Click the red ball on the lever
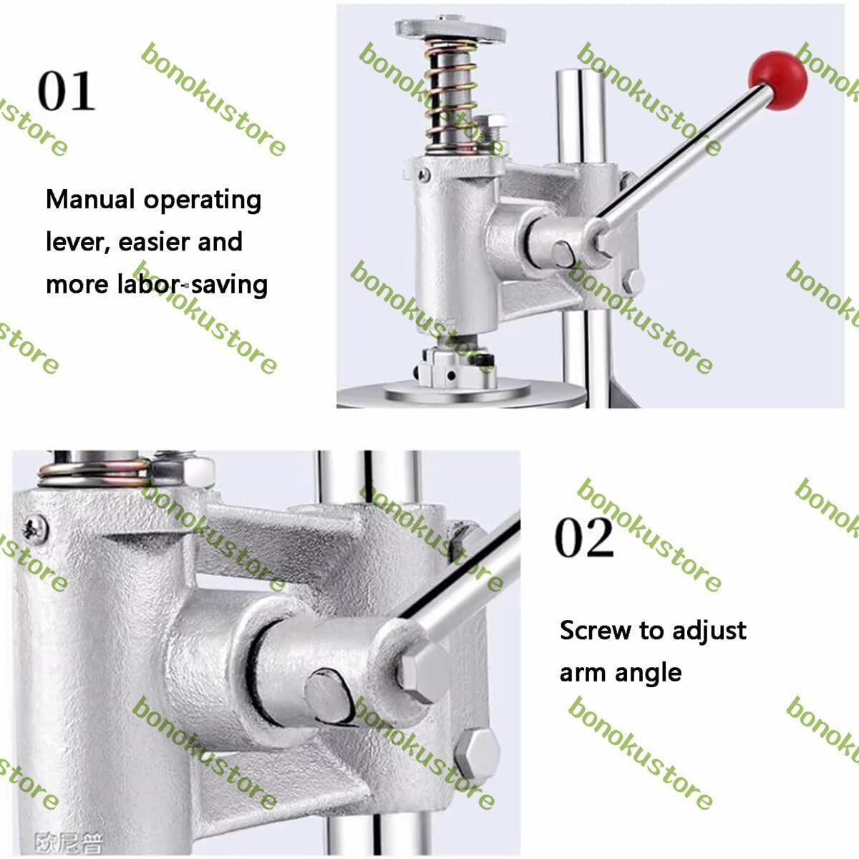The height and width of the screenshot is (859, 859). click(777, 80)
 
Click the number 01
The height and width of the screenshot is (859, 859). click(67, 92)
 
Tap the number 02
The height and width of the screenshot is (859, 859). click(584, 537)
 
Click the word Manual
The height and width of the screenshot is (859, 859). click(90, 199)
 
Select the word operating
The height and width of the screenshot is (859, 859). click(203, 200)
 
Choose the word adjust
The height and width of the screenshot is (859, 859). click(709, 631)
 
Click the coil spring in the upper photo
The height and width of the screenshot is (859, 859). click(452, 97)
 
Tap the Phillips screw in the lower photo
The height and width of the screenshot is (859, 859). click(35, 529)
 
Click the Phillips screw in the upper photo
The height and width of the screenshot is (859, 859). click(424, 175)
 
